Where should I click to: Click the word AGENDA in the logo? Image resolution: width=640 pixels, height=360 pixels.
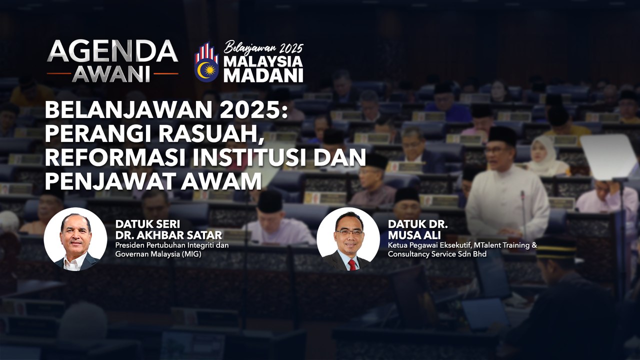point(112,51)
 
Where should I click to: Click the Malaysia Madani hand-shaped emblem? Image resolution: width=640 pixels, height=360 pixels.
point(206,61)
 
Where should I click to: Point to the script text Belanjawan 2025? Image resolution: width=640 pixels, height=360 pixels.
point(263,48)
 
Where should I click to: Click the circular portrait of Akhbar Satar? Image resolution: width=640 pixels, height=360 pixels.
point(75,239)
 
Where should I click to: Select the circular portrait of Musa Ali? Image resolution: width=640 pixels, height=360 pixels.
point(348,239)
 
